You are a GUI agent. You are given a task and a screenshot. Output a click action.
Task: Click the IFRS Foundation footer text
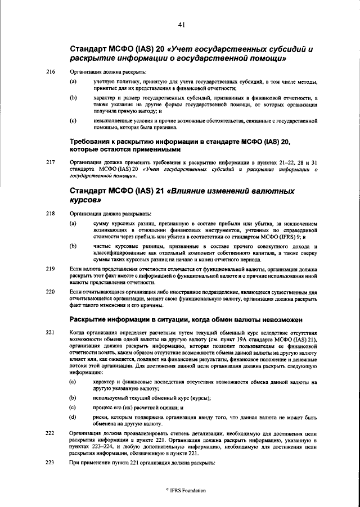click(x=182, y=491)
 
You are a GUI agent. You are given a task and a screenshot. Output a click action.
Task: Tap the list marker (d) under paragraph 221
click(x=73, y=417)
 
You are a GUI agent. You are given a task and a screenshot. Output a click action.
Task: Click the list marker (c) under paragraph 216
click(x=73, y=120)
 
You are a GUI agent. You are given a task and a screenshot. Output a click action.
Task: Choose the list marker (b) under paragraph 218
click(x=73, y=246)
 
